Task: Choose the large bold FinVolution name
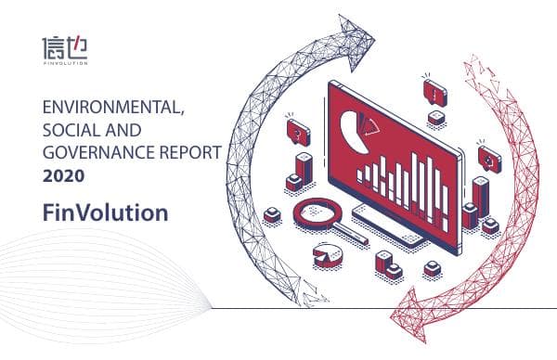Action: click(105, 212)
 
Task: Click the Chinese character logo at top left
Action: click(65, 46)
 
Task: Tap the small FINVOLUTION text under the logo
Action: click(65, 64)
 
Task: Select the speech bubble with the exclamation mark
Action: click(434, 91)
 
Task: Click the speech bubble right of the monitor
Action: click(488, 153)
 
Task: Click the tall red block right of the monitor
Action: click(480, 194)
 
